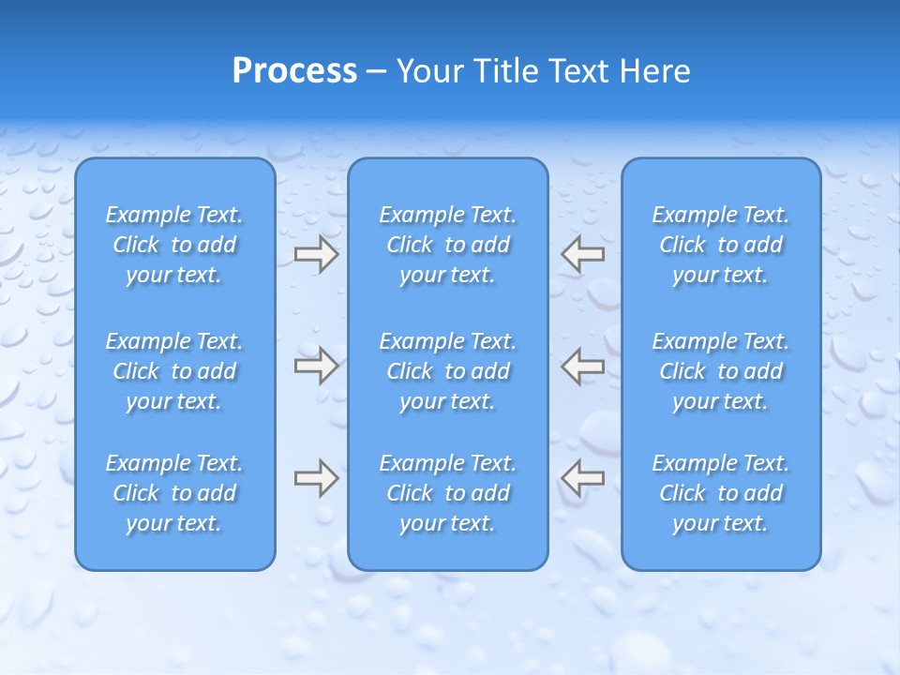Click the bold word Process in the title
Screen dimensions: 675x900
coord(294,71)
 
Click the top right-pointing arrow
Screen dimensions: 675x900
coord(316,254)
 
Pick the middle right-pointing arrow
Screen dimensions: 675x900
coord(316,366)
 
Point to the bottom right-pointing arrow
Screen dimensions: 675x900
coord(316,477)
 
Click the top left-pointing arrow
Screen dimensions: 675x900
coord(583,254)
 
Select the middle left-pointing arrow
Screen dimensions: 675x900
coord(583,366)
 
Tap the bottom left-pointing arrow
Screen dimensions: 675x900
coord(583,477)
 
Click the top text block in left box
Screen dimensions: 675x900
coord(174,245)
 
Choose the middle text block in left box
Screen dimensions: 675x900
coord(174,371)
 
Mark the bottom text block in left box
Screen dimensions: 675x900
coord(174,493)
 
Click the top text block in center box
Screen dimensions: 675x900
coord(448,245)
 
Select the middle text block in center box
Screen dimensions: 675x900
coord(448,371)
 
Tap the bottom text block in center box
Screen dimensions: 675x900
coord(448,493)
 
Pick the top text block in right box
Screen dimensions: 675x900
coord(721,245)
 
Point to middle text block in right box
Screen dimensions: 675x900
coord(721,371)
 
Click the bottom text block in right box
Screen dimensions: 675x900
coord(721,493)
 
